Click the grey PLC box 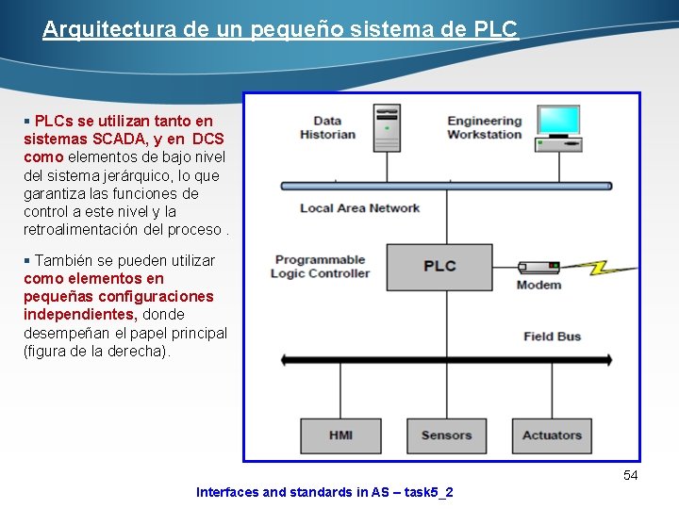[439, 266]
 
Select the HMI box [340, 435]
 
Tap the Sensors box [446, 435]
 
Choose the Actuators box [552, 435]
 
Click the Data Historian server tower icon [387, 127]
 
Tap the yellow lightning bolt [601, 267]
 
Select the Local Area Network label [359, 208]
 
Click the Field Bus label [553, 337]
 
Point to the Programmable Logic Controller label [321, 267]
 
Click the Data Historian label [327, 127]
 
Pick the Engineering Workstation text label [484, 127]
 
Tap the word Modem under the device [538, 285]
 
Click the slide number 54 [631, 476]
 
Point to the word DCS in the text [207, 139]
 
